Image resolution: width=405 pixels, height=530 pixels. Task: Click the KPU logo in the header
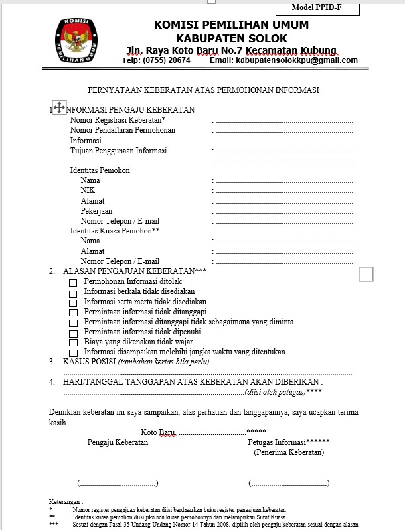pyautogui.click(x=78, y=40)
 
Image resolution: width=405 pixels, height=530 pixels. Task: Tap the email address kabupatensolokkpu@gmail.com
pyautogui.click(x=296, y=60)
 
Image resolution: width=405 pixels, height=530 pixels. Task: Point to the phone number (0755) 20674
pyautogui.click(x=166, y=60)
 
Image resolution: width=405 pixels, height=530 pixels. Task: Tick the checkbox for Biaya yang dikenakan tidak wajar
pyautogui.click(x=73, y=342)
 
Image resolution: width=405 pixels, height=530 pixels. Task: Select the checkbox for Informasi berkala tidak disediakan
pyautogui.click(x=73, y=293)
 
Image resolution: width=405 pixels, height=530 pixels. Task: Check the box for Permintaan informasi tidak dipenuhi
pyautogui.click(x=73, y=332)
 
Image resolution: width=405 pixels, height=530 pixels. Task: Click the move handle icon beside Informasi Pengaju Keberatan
pyautogui.click(x=58, y=107)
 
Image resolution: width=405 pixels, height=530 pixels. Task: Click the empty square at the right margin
pyautogui.click(x=366, y=273)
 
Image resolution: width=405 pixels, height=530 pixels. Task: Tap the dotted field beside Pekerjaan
pyautogui.click(x=284, y=212)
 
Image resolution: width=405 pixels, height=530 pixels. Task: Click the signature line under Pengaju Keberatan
pyautogui.click(x=118, y=483)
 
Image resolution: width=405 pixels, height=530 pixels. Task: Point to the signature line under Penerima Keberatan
pyautogui.click(x=289, y=483)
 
